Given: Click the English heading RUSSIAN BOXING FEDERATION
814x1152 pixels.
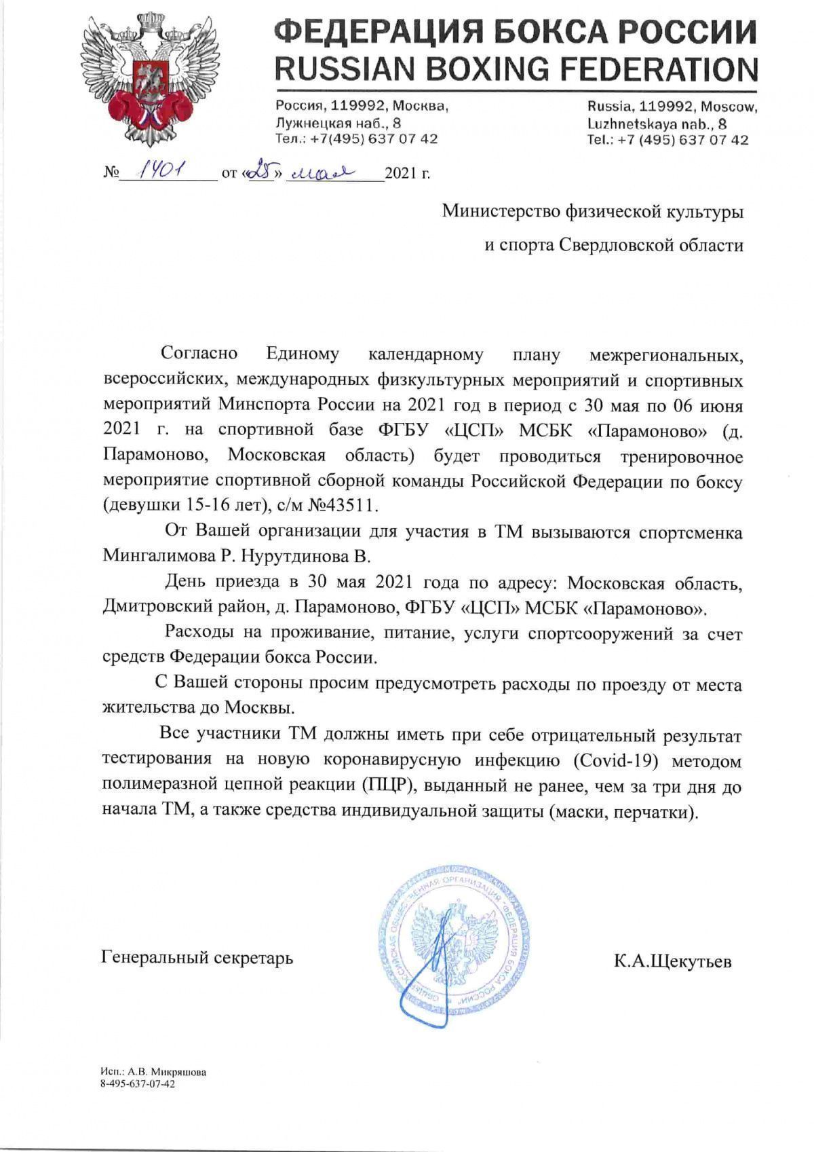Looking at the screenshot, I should tap(516, 69).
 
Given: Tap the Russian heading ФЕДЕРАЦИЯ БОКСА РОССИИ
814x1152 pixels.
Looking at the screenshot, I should tap(516, 32).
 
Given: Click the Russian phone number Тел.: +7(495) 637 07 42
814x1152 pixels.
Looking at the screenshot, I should tap(356, 138).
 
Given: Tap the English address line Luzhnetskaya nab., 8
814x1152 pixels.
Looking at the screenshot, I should tap(657, 124).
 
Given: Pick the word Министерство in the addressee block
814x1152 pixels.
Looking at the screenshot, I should tap(501, 211).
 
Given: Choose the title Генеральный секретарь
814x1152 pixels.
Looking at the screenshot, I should tap(197, 958).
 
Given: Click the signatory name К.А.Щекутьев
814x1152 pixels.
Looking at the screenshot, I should tap(673, 961).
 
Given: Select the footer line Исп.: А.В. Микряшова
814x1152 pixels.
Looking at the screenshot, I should tap(153, 1072).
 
